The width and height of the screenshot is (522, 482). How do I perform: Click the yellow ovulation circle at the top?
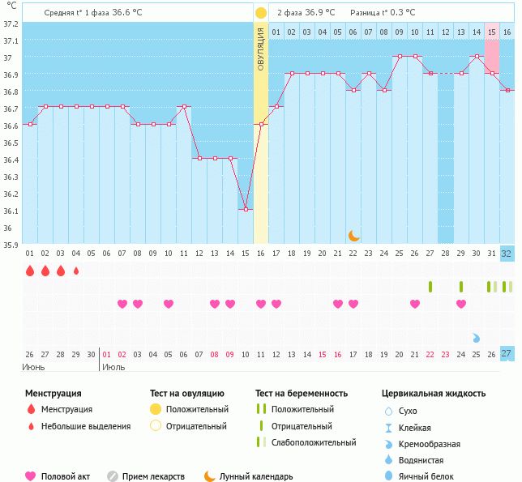tap(260, 13)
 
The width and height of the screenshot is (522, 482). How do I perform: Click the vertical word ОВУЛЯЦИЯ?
tap(261, 49)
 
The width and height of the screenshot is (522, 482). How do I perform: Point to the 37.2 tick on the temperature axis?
tap(12, 23)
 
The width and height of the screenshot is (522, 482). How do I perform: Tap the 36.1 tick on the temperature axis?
tap(12, 211)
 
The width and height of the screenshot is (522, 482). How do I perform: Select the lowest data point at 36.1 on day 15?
tap(246, 210)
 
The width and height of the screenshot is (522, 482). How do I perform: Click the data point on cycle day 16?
tap(261, 125)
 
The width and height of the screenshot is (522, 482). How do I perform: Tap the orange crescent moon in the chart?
tap(354, 235)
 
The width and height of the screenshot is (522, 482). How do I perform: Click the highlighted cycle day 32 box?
tap(507, 253)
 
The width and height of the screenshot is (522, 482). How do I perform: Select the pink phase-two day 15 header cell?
tap(491, 32)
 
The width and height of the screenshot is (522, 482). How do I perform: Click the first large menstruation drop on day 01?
tap(30, 271)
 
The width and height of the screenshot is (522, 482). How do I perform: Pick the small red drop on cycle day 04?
tap(76, 271)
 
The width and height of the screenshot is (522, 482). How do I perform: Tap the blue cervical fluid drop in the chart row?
tap(477, 338)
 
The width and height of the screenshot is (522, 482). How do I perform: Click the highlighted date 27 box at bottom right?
tap(507, 354)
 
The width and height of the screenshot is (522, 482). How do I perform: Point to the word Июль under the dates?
tap(113, 367)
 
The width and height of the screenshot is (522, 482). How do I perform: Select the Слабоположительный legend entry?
tap(314, 442)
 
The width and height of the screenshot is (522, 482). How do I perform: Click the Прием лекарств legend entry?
tap(153, 476)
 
